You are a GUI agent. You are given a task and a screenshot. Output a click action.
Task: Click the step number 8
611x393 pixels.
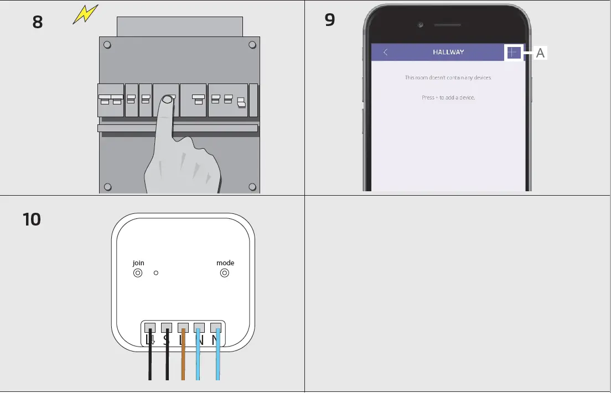37,23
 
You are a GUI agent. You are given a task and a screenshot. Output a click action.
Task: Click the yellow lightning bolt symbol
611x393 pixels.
86,14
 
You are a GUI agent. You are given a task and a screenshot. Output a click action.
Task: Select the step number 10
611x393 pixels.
32,219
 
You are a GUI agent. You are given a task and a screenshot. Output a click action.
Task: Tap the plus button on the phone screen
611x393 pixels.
514,53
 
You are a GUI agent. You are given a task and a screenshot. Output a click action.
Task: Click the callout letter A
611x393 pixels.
540,53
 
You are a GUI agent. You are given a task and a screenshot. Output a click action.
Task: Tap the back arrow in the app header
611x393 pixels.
386,53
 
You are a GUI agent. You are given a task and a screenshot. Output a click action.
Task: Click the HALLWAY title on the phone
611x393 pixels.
448,53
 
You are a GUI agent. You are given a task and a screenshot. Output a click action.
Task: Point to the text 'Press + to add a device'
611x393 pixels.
448,97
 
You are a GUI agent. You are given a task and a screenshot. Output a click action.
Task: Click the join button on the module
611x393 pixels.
138,273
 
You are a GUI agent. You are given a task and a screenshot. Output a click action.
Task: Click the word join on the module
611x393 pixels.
138,263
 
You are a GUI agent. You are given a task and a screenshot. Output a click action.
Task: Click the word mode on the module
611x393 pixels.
225,263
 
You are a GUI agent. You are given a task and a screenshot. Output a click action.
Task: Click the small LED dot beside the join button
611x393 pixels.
156,273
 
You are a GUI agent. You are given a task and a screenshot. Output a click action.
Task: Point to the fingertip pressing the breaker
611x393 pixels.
168,101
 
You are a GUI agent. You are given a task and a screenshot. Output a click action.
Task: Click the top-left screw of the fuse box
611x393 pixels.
108,45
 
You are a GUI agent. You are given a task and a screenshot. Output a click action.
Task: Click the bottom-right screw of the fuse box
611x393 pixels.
252,186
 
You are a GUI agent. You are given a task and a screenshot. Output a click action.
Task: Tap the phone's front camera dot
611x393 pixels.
421,25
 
